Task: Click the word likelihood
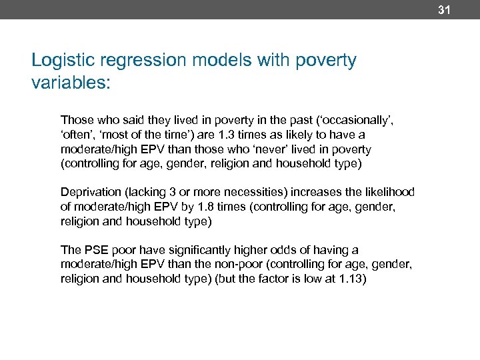(389, 192)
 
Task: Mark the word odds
(263, 250)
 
